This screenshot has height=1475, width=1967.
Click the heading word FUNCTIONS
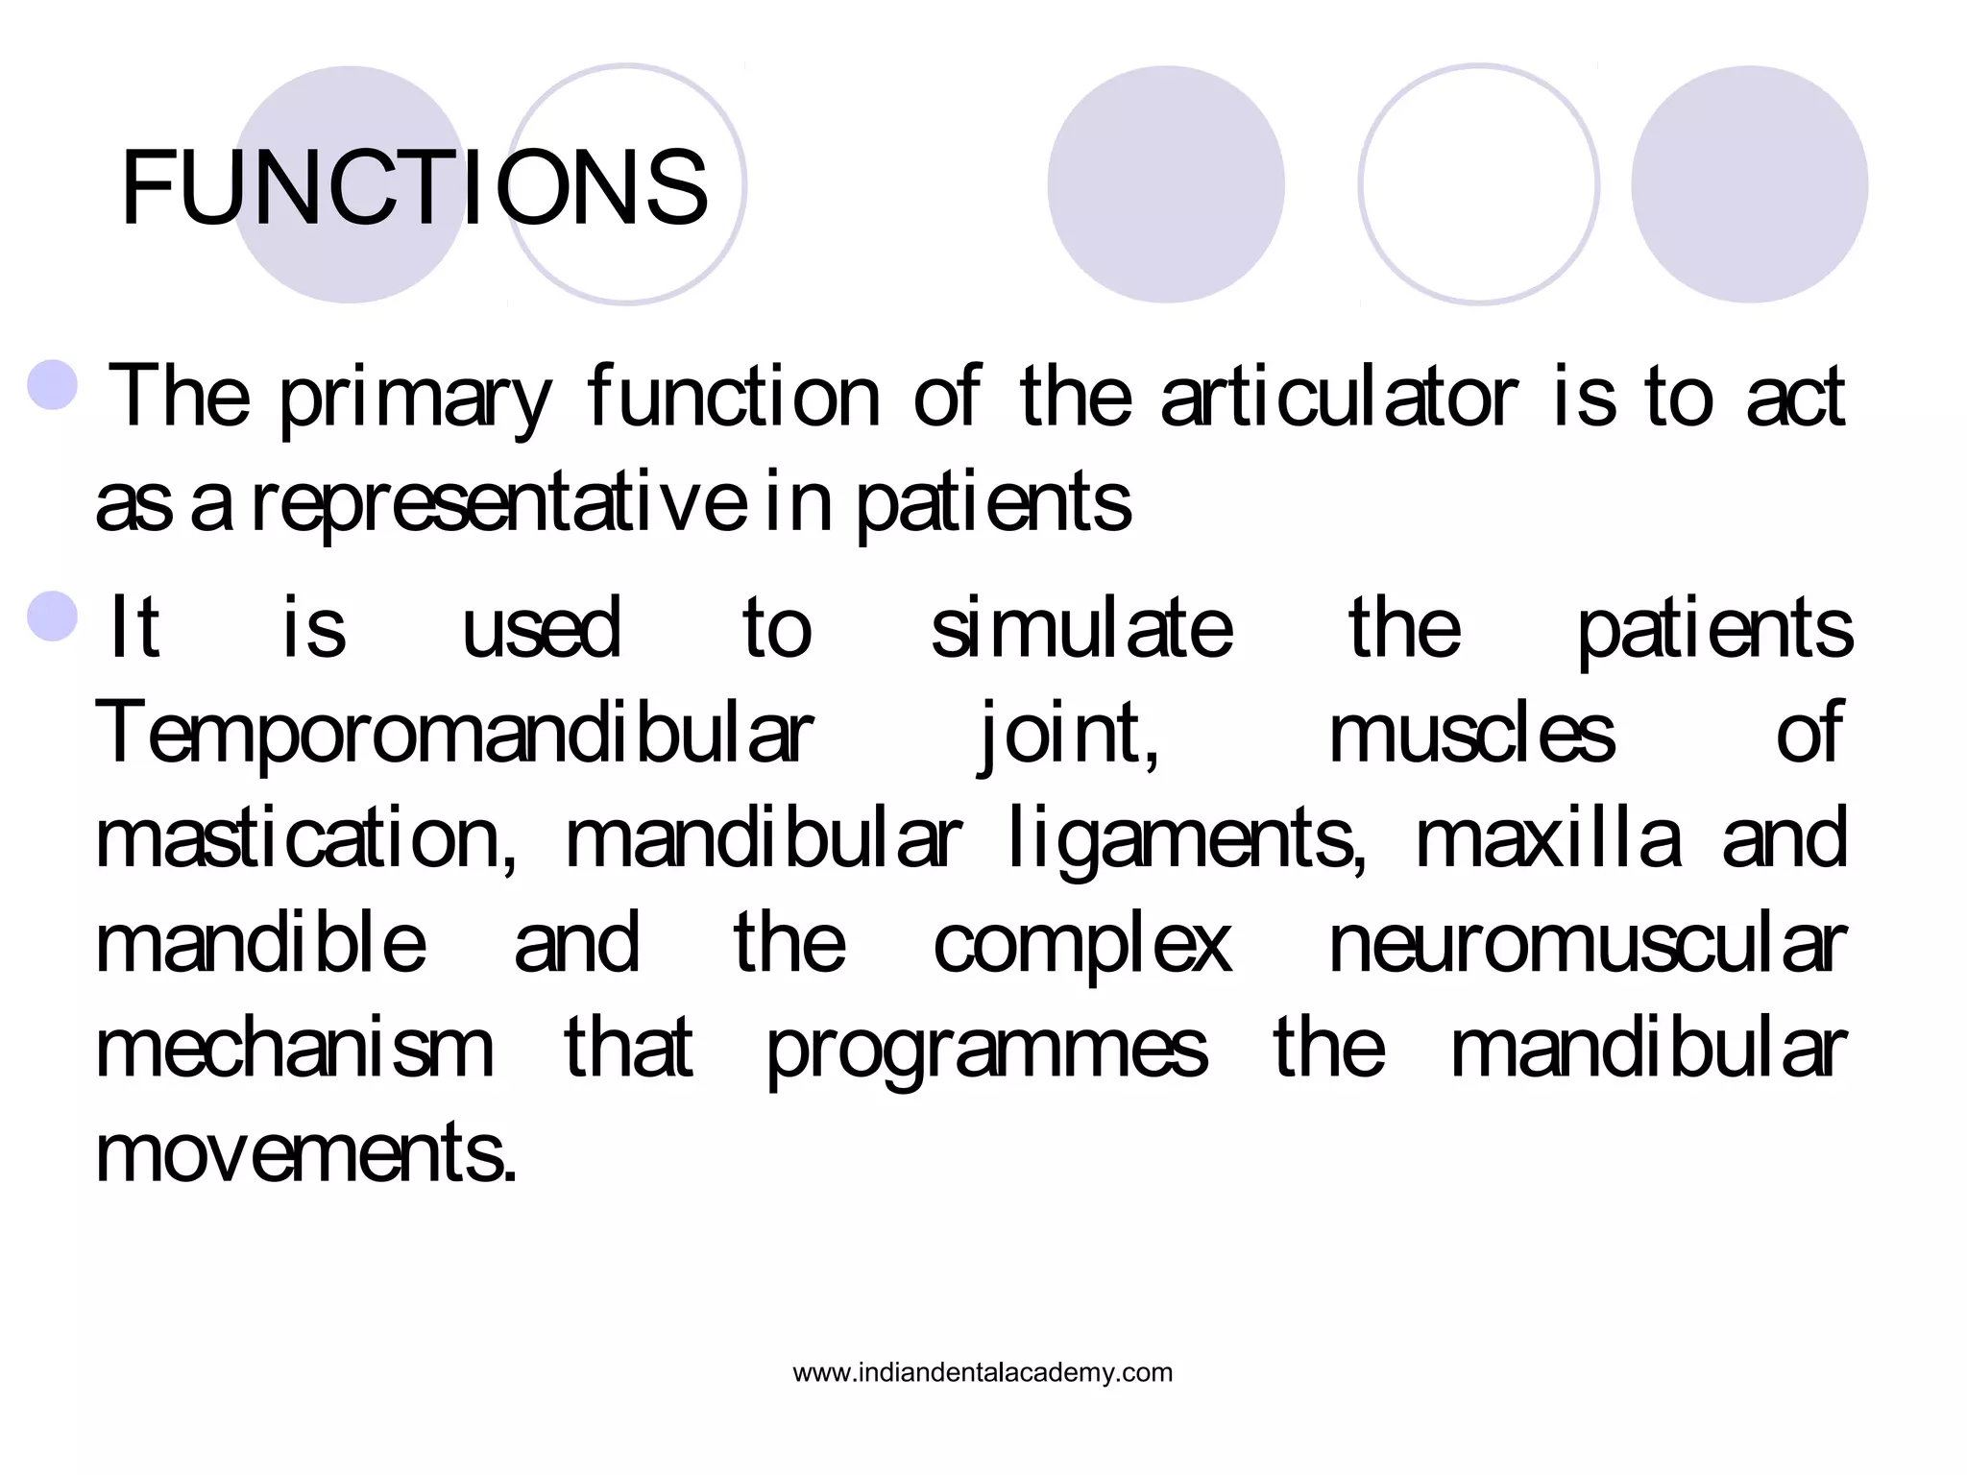click(x=414, y=188)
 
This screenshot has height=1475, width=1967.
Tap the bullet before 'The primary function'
click(x=53, y=385)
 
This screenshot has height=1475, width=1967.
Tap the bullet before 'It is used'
click(x=53, y=617)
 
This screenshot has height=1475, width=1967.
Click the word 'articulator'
click(x=1339, y=397)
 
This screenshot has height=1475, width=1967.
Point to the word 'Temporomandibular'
click(x=454, y=734)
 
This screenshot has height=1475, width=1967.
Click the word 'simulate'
click(x=1081, y=628)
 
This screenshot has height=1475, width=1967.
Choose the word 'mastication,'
click(x=306, y=838)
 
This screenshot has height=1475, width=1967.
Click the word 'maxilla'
click(x=1548, y=838)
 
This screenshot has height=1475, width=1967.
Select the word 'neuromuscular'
click(x=1587, y=944)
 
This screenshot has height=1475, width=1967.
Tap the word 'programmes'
click(x=986, y=1050)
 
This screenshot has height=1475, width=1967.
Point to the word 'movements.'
click(x=306, y=1153)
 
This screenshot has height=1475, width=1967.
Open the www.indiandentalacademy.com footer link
click(x=983, y=1372)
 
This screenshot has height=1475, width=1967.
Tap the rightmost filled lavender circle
click(x=1749, y=184)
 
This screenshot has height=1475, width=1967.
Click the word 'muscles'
click(x=1471, y=734)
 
